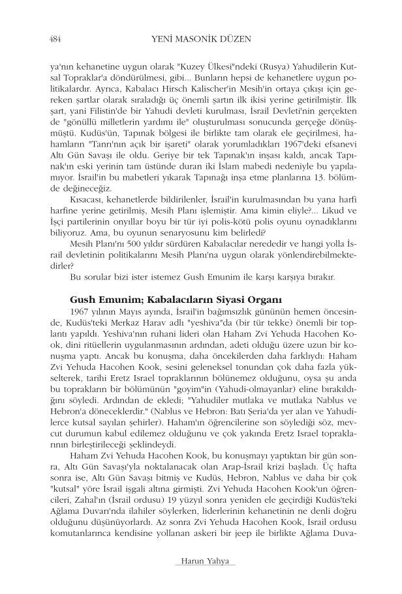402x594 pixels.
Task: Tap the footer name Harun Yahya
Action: click(200, 561)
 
